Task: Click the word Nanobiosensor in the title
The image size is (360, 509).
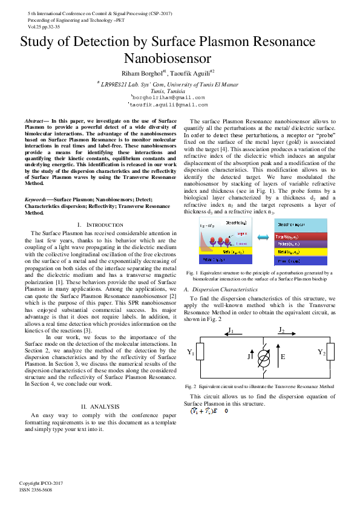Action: (167, 59)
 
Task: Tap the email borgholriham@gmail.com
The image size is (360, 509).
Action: (168, 97)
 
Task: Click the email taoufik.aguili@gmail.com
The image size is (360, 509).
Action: (168, 105)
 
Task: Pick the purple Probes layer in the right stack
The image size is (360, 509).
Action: (301, 243)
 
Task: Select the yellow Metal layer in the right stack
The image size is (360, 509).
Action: (301, 251)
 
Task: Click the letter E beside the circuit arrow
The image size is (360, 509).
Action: (283, 357)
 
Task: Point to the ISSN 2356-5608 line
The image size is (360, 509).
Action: (36, 490)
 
